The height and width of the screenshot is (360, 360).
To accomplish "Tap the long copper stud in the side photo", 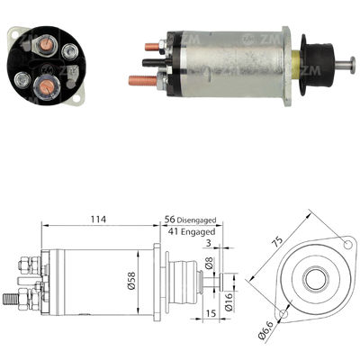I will point(142,82).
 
